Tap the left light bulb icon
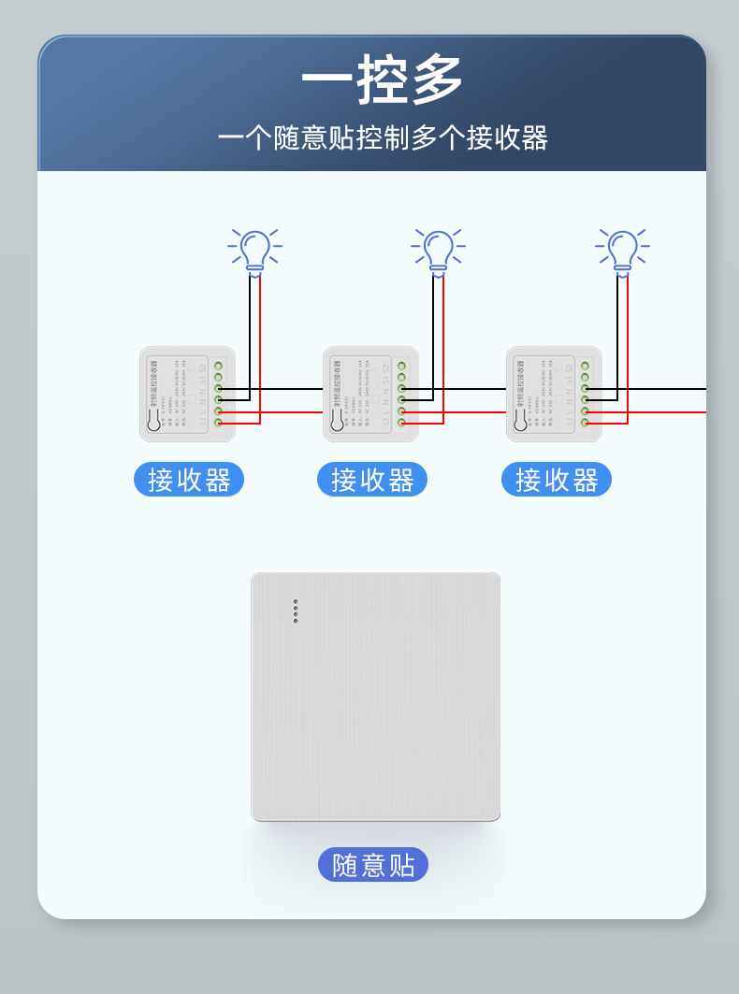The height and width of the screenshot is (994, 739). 254,252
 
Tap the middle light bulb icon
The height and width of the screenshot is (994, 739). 438,252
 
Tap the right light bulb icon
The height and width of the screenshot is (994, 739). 622,252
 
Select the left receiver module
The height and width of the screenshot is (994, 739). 187,394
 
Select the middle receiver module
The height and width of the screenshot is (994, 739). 370,394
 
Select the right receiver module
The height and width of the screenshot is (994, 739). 554,394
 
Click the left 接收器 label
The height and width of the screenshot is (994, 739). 189,480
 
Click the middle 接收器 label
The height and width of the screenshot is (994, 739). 372,480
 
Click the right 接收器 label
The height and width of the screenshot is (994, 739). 557,480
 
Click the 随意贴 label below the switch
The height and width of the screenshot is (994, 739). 373,865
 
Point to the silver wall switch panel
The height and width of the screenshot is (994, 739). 375,697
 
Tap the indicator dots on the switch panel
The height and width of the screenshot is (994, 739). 296,611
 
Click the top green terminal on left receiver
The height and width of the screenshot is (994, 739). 218,366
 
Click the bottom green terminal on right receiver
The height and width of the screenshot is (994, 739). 585,423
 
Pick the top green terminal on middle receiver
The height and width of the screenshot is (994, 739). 401,366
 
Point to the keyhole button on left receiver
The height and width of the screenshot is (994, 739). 153,423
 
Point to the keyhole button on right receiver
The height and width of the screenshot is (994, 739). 520,423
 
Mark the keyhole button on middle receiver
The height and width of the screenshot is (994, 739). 337,423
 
